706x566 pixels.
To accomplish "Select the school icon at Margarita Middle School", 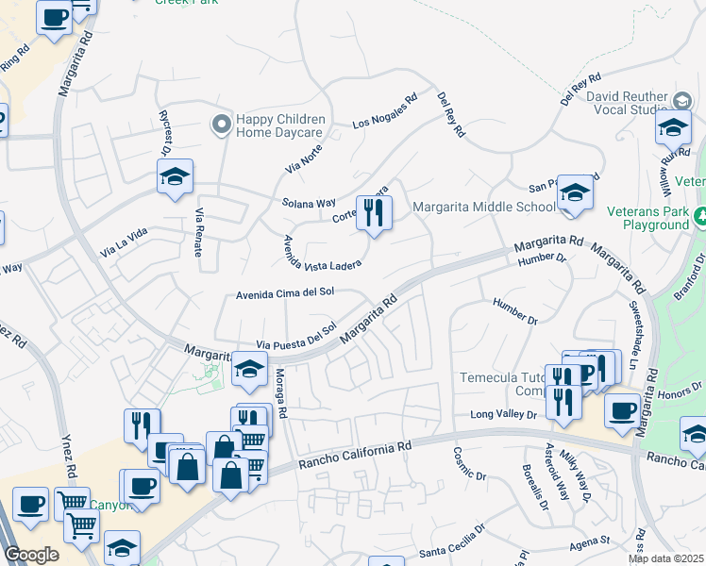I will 575,193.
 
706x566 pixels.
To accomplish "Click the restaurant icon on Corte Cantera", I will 375,213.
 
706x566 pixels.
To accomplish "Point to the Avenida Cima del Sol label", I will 285,293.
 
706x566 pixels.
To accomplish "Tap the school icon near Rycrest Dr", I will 175,176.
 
